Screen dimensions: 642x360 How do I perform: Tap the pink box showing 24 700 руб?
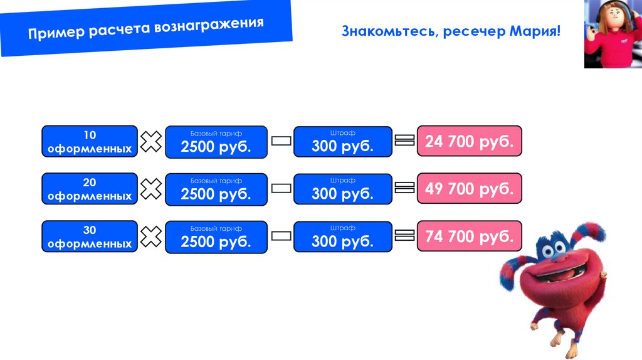click(469, 141)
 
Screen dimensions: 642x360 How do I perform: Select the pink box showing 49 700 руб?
click(469, 188)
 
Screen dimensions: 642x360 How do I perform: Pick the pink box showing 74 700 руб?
click(469, 236)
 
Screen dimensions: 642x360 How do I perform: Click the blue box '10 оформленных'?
click(90, 141)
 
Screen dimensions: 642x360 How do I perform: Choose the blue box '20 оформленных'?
click(90, 189)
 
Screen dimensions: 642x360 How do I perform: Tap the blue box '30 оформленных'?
click(90, 236)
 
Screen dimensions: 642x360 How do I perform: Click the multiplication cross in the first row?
click(151, 142)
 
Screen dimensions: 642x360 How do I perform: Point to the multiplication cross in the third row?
click(151, 236)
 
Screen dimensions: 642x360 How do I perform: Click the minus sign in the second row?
click(281, 189)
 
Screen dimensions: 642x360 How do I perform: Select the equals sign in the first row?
click(405, 141)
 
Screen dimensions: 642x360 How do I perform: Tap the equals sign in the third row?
click(405, 236)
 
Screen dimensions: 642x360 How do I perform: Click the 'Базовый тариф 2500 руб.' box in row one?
click(216, 142)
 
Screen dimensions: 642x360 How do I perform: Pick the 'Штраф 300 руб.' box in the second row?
click(342, 189)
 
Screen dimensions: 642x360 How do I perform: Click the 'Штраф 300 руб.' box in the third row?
click(342, 236)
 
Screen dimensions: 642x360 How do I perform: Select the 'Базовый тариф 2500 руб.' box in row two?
click(216, 189)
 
